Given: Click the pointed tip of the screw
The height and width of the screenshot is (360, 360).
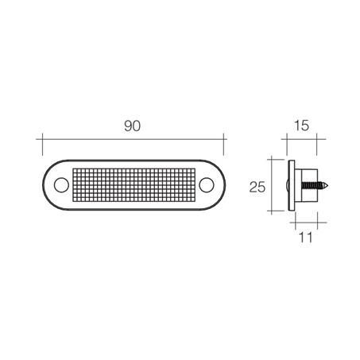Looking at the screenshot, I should tap(328, 186).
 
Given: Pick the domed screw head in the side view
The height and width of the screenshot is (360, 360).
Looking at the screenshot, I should tap(287, 186).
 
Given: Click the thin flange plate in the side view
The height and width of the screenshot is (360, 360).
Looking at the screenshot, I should tap(292, 186).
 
